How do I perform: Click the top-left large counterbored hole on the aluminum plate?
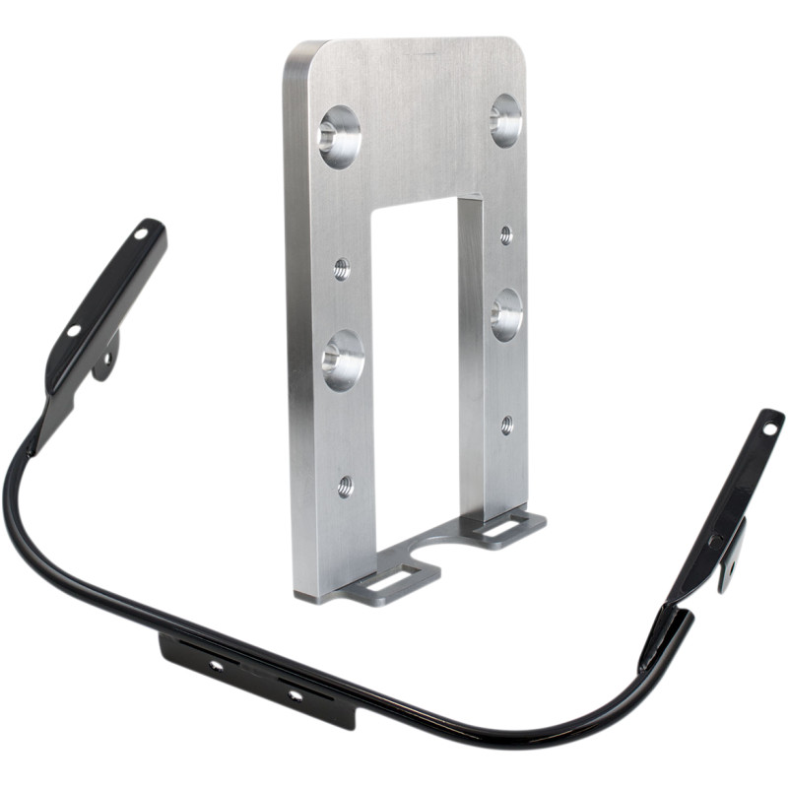click(339, 136)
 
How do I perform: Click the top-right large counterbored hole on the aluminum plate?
click(506, 121)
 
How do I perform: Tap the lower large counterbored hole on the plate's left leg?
click(343, 360)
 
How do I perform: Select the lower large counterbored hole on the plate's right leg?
click(506, 315)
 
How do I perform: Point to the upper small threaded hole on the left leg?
click(342, 268)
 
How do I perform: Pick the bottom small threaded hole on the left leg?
click(345, 485)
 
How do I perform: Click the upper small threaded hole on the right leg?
click(506, 234)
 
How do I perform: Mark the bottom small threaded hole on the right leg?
click(506, 425)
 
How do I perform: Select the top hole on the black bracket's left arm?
click(142, 234)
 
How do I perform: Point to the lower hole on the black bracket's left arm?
click(74, 331)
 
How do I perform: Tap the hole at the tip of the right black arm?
click(768, 427)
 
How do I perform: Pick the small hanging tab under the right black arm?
click(731, 559)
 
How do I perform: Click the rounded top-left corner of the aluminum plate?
click(296, 54)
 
